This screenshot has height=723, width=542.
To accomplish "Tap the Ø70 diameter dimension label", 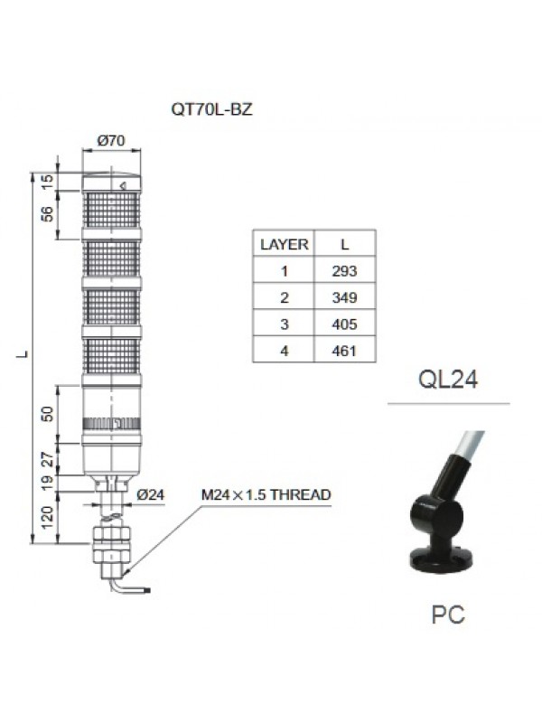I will pyautogui.click(x=109, y=140).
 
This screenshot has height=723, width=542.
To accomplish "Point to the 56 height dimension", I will pyautogui.click(x=48, y=214).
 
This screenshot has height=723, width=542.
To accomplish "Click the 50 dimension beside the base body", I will pyautogui.click(x=48, y=413).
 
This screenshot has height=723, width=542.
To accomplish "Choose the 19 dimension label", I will pyautogui.click(x=48, y=483).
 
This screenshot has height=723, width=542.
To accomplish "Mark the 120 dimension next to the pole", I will pyautogui.click(x=48, y=518).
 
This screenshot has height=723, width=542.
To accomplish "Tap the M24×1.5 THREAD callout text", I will pyautogui.click(x=266, y=494).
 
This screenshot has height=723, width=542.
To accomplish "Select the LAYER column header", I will pyautogui.click(x=284, y=244).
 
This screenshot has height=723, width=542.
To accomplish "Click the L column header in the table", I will pyautogui.click(x=345, y=244).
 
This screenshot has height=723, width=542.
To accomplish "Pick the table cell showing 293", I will pyautogui.click(x=345, y=271).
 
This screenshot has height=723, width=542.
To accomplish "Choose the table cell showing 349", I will pyautogui.click(x=345, y=297).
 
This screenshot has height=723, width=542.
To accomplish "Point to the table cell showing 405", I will pyautogui.click(x=345, y=324).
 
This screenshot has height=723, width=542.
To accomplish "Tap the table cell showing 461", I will pyautogui.click(x=345, y=350).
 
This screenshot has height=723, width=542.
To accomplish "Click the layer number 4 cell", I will pyautogui.click(x=284, y=350).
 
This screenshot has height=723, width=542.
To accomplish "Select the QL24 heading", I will pyautogui.click(x=448, y=379).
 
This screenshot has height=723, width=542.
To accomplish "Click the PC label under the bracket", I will pyautogui.click(x=448, y=615).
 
